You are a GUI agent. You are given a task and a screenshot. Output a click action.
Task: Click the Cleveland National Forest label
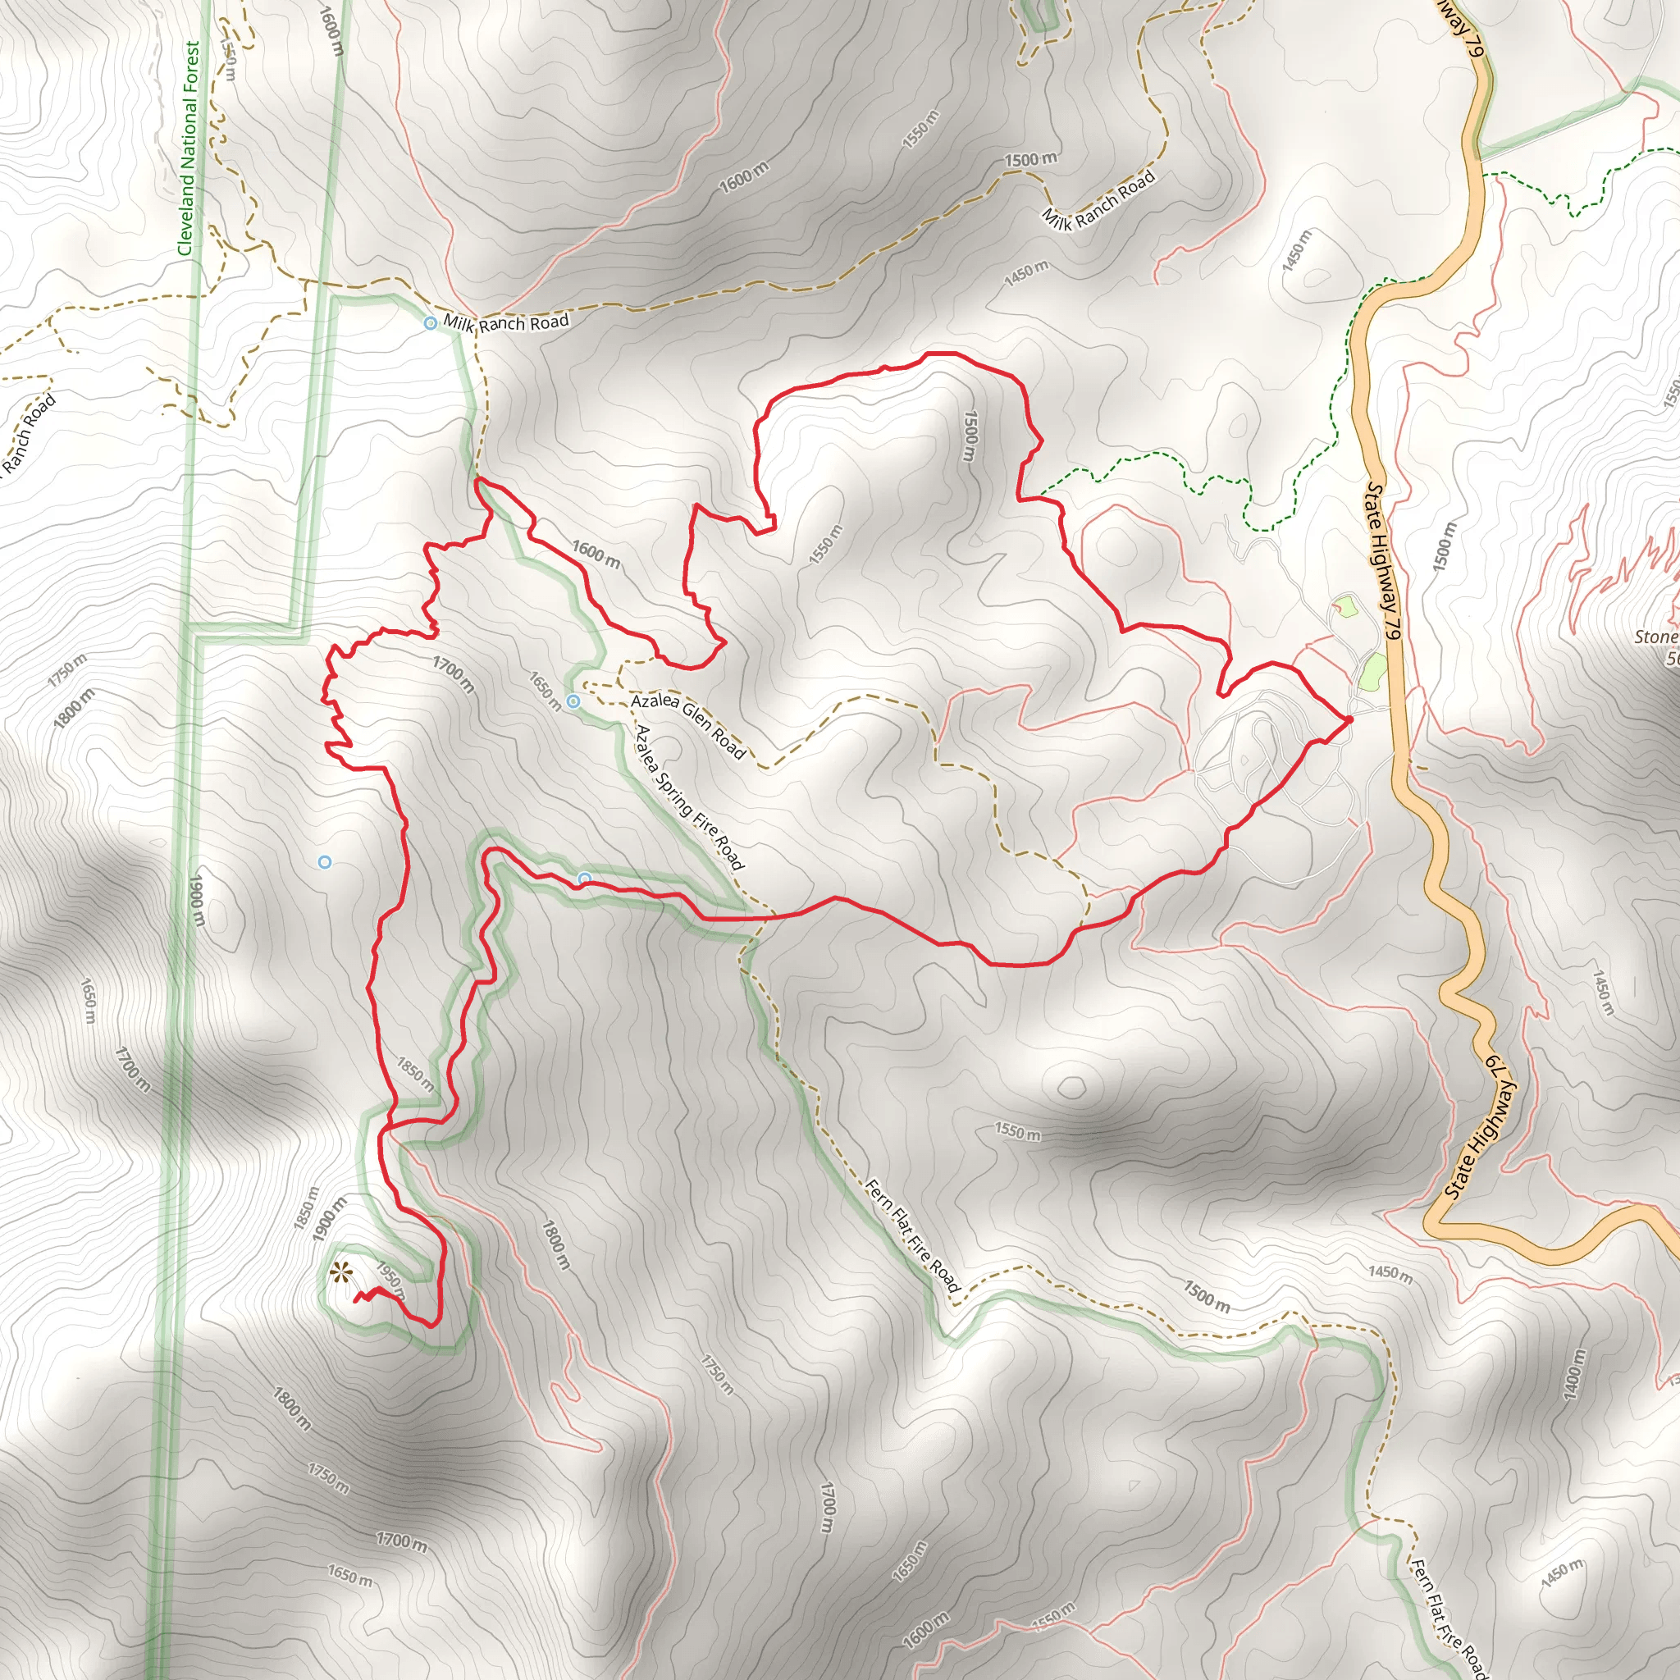[190, 149]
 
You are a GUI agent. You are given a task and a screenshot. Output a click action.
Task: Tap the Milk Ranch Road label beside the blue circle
[506, 322]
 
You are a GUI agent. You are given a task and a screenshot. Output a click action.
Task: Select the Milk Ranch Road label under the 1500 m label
[1099, 200]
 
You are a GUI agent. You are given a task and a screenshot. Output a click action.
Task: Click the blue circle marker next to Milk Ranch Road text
[431, 323]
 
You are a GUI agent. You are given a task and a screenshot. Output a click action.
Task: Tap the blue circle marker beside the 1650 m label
[573, 701]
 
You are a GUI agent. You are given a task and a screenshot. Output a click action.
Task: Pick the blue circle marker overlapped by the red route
[585, 879]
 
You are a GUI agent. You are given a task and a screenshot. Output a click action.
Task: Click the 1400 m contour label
[1574, 1375]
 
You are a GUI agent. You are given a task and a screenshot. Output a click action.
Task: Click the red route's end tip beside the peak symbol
[356, 1300]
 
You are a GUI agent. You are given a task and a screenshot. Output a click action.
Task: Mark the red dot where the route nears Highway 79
[1349, 719]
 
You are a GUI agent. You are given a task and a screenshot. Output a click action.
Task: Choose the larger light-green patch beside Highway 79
[1372, 672]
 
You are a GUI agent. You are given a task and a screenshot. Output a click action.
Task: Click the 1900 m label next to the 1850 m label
[331, 1222]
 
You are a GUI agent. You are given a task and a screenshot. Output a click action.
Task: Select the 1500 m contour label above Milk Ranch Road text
[1031, 159]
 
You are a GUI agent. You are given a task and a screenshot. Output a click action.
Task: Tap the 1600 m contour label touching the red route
[596, 554]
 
